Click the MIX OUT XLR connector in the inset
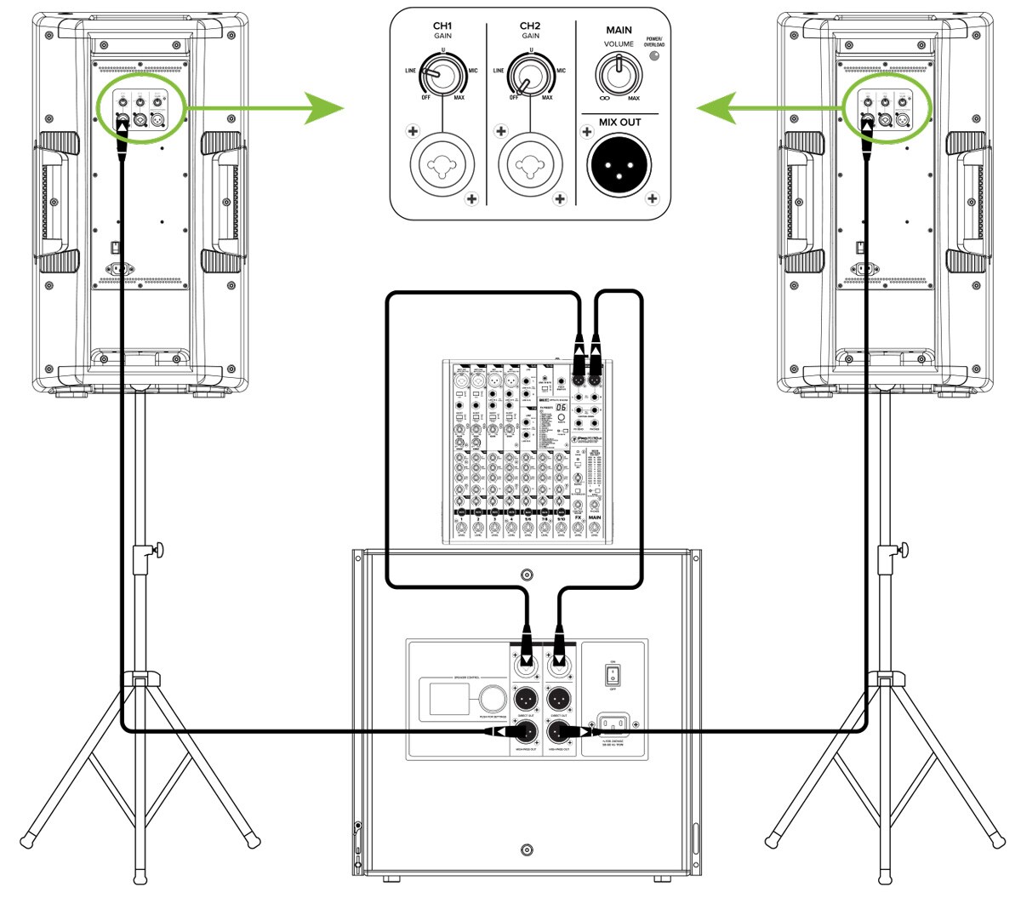(619, 164)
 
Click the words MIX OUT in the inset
(619, 123)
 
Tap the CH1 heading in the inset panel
(442, 26)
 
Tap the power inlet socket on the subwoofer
(613, 726)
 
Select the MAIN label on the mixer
(594, 518)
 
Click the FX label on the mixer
(578, 518)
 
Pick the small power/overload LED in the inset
(653, 57)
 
